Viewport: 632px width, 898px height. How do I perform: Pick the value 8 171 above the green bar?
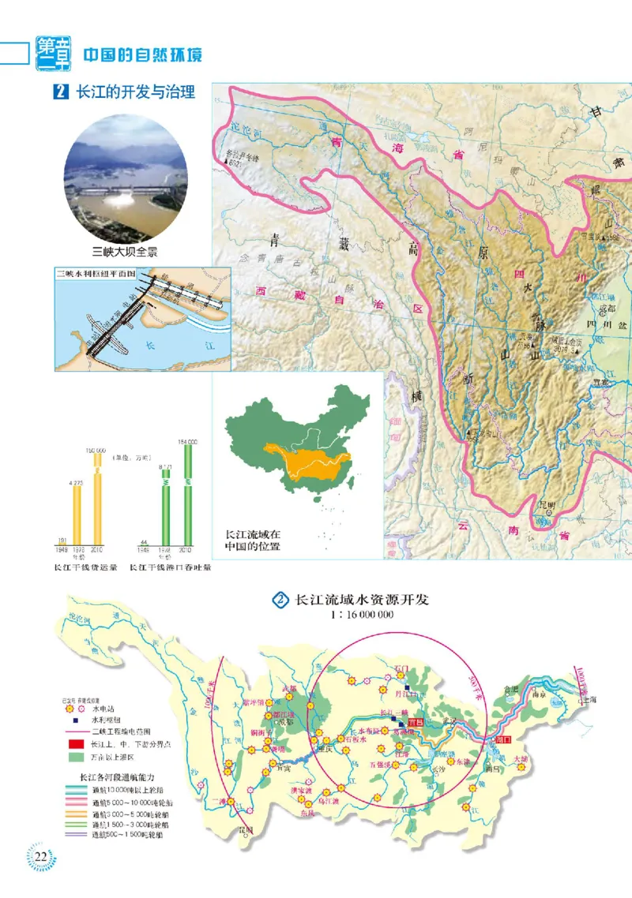167,466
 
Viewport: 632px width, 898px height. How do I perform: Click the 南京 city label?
540,697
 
